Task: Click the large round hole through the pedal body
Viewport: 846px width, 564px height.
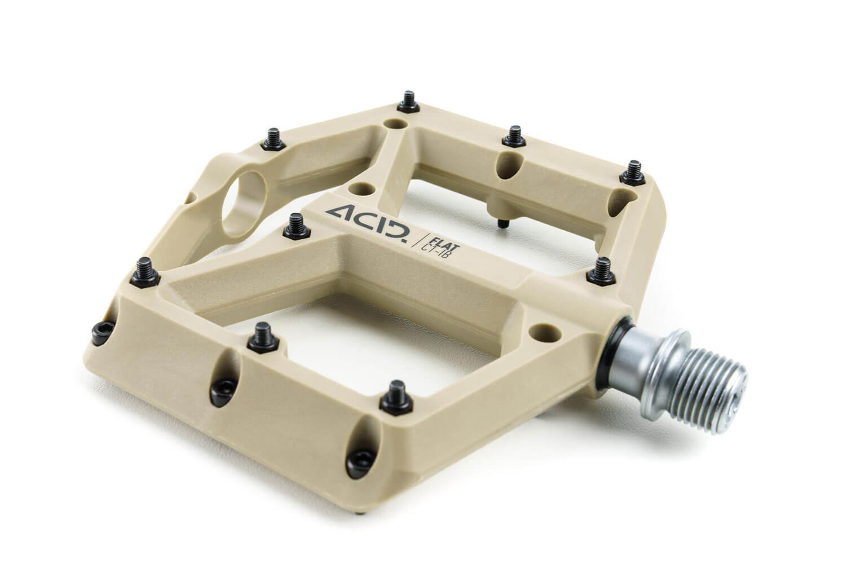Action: [x=244, y=204]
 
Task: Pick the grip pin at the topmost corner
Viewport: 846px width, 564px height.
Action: [x=408, y=102]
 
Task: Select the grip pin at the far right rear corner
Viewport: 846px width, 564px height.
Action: [x=633, y=173]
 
